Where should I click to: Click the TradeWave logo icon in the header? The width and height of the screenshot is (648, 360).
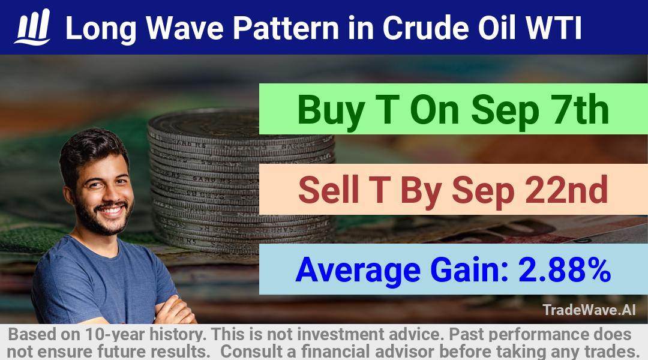pos(32,27)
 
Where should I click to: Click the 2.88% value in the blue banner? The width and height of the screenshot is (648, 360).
pos(564,269)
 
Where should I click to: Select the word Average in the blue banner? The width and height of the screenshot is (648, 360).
pos(358,271)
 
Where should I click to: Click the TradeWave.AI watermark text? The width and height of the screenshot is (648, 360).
pos(589,310)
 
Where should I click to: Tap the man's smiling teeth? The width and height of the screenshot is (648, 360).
pos(112,211)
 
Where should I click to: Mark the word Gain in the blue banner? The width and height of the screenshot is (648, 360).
pos(469,269)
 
